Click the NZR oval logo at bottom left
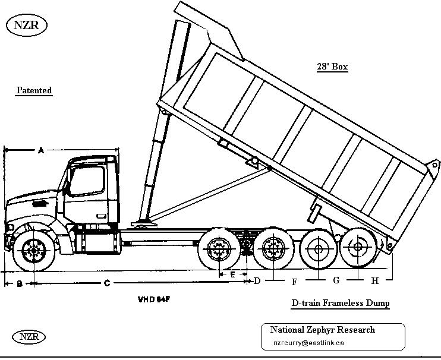[x=26, y=336]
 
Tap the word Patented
[x=34, y=90]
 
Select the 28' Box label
[x=332, y=67]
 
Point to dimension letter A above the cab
[x=41, y=151]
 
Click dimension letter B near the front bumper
[x=19, y=284]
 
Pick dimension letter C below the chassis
[x=107, y=283]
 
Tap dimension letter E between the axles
[x=232, y=274]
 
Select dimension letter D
[x=257, y=280]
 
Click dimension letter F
[x=294, y=281]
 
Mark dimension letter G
[x=336, y=280]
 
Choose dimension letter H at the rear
[x=375, y=280]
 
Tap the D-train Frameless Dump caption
[x=341, y=303]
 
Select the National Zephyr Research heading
[x=322, y=330]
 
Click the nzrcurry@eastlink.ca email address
[x=308, y=343]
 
